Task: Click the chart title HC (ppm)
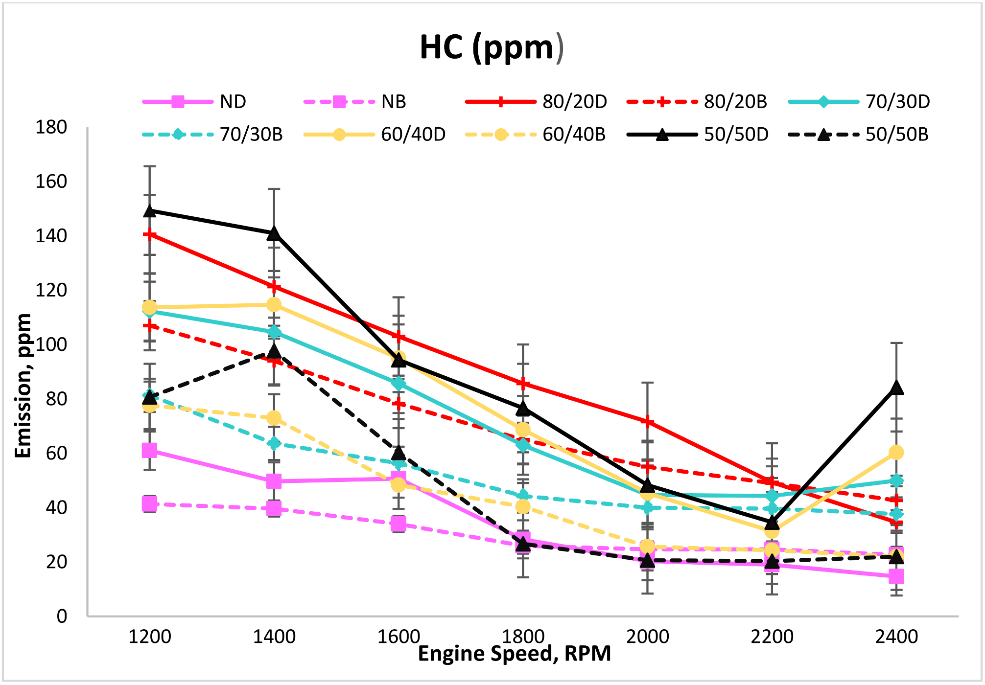[492, 48]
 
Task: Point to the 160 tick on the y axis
[51, 182]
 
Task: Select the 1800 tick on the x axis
[523, 637]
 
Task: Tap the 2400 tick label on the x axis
[896, 637]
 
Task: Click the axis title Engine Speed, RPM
[514, 654]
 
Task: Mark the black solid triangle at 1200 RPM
[150, 211]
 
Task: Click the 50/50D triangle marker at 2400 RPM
[896, 388]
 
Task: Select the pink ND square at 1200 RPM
[150, 450]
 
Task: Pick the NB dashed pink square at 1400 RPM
[274, 509]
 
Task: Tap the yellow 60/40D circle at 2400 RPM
[896, 453]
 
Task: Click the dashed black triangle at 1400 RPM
[274, 351]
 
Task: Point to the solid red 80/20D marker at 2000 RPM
[648, 422]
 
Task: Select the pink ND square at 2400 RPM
[896, 576]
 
